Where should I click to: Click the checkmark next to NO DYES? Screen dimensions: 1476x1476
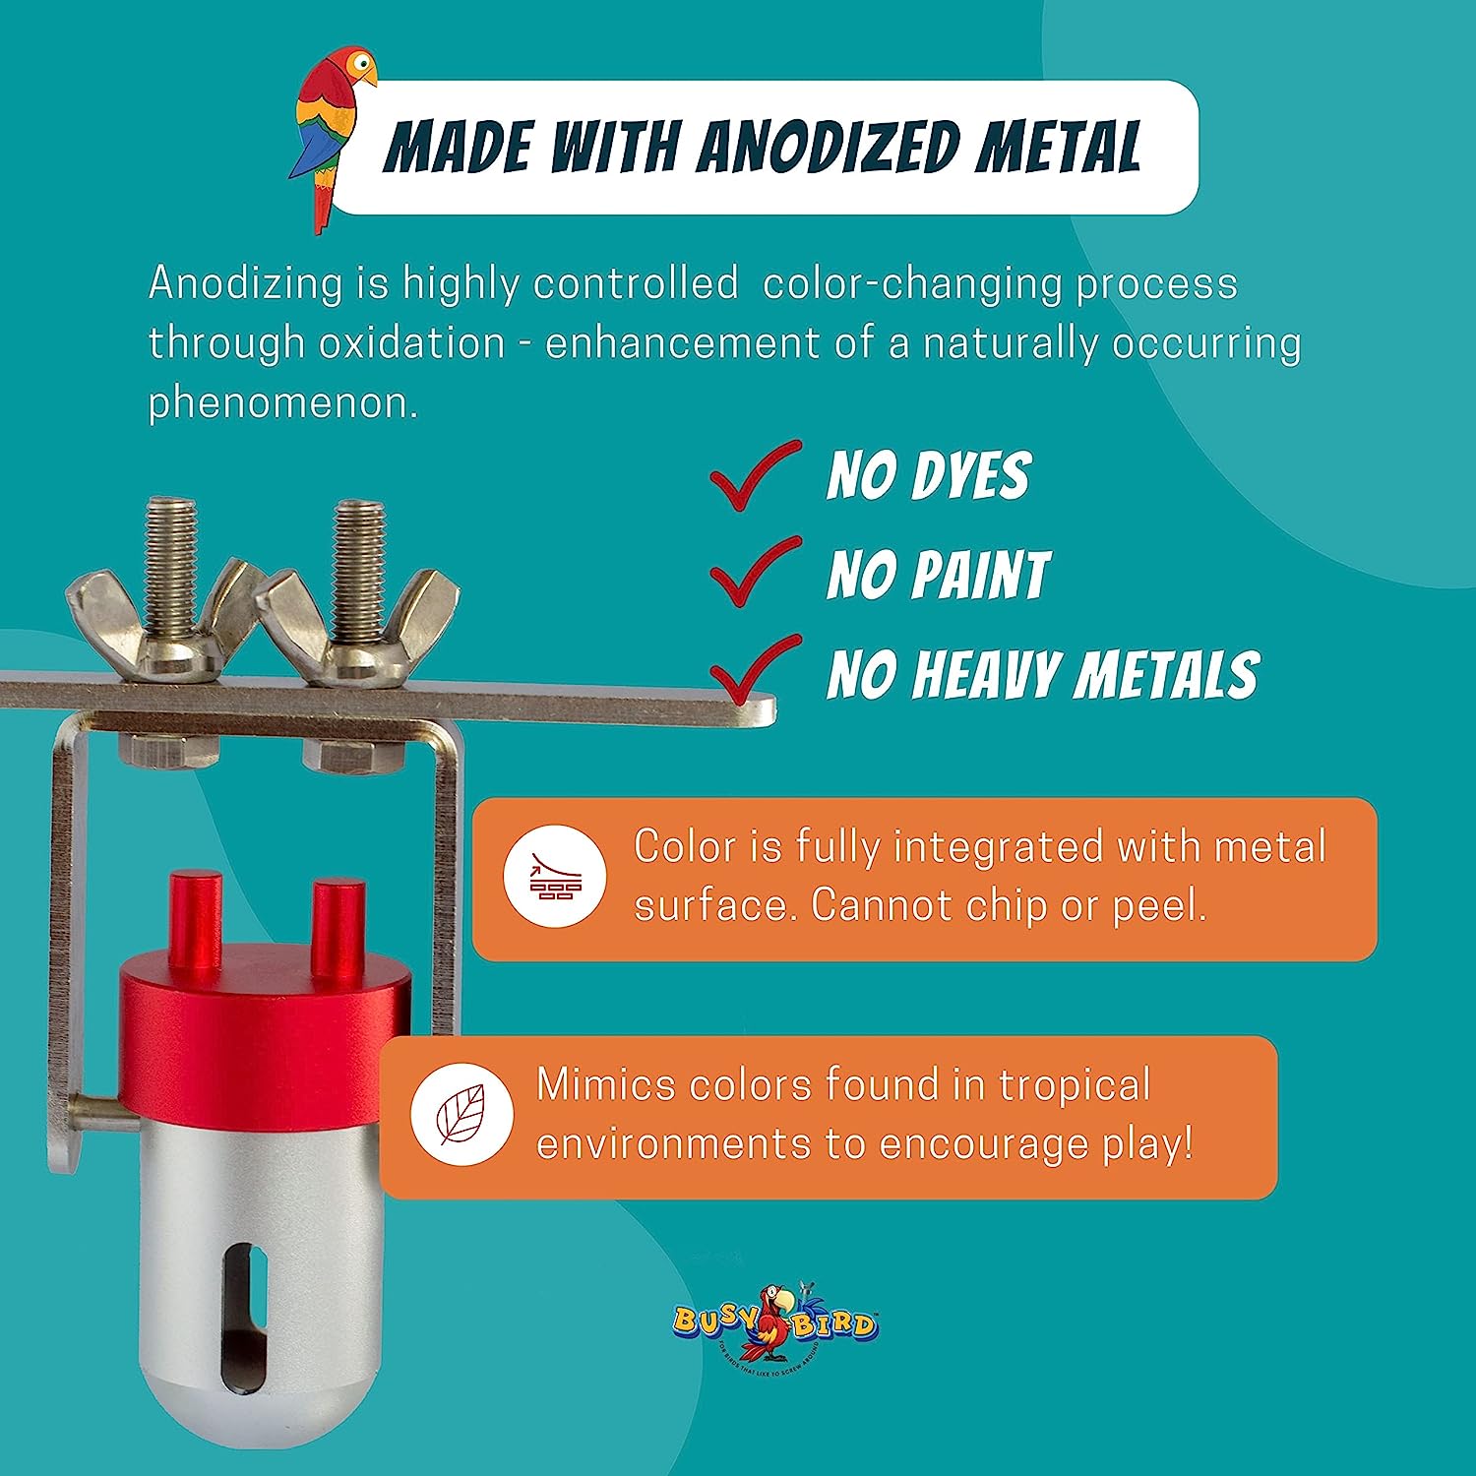point(754,475)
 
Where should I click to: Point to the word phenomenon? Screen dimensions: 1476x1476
point(282,402)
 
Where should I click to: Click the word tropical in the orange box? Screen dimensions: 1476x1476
point(1074,1085)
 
